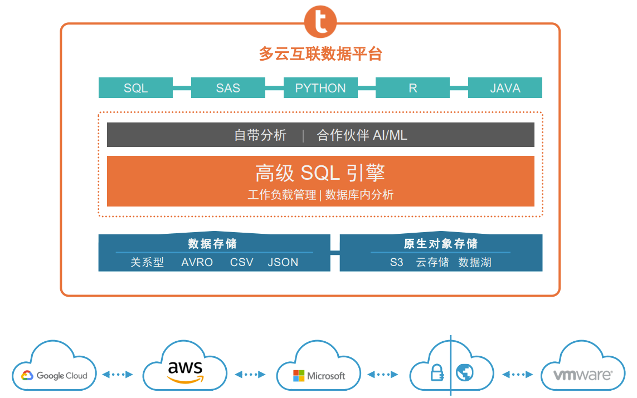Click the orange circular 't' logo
click(x=320, y=22)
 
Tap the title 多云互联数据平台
click(x=320, y=54)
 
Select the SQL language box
click(x=135, y=87)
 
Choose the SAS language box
click(x=228, y=87)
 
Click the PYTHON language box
click(x=320, y=87)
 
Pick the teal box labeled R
click(x=413, y=87)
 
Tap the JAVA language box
click(x=505, y=87)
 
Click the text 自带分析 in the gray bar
click(x=260, y=135)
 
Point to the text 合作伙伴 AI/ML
click(x=362, y=135)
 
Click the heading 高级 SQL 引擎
click(x=320, y=173)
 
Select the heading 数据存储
click(x=212, y=244)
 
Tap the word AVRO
click(x=197, y=263)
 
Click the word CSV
click(x=242, y=263)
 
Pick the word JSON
click(x=283, y=263)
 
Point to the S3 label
click(x=396, y=263)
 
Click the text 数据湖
click(x=475, y=263)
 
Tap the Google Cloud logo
click(x=54, y=376)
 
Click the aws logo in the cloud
click(x=185, y=371)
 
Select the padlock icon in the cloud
click(x=437, y=372)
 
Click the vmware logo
click(x=583, y=375)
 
